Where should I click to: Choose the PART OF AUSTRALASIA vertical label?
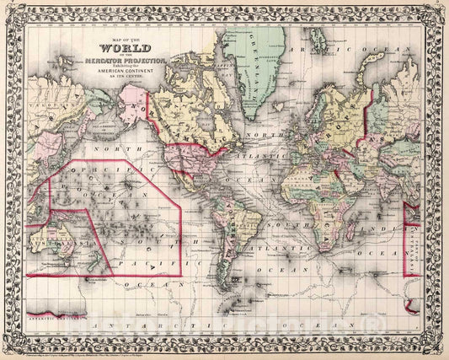pos(412,240)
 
